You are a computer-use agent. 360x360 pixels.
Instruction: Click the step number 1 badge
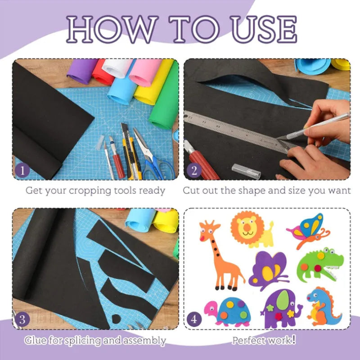(x=22, y=171)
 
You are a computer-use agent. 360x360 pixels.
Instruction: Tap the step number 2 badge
(x=194, y=171)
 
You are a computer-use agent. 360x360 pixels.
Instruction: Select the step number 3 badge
(x=22, y=319)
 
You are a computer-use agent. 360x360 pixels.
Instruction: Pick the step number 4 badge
(x=194, y=319)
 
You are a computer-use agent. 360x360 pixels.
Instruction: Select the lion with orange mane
(x=252, y=229)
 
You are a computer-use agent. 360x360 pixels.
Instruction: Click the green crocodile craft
(x=320, y=265)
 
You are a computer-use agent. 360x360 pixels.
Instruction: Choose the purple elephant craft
(x=281, y=309)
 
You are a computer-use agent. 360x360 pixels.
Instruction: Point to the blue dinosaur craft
(x=324, y=306)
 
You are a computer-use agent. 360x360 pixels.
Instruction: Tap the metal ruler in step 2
(x=237, y=131)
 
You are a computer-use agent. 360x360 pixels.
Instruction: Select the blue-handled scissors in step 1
(x=153, y=156)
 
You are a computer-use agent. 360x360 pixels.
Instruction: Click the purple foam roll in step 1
(x=81, y=71)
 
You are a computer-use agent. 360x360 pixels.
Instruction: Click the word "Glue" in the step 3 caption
(x=36, y=340)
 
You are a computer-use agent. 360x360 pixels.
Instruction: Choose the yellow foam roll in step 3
(x=166, y=220)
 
